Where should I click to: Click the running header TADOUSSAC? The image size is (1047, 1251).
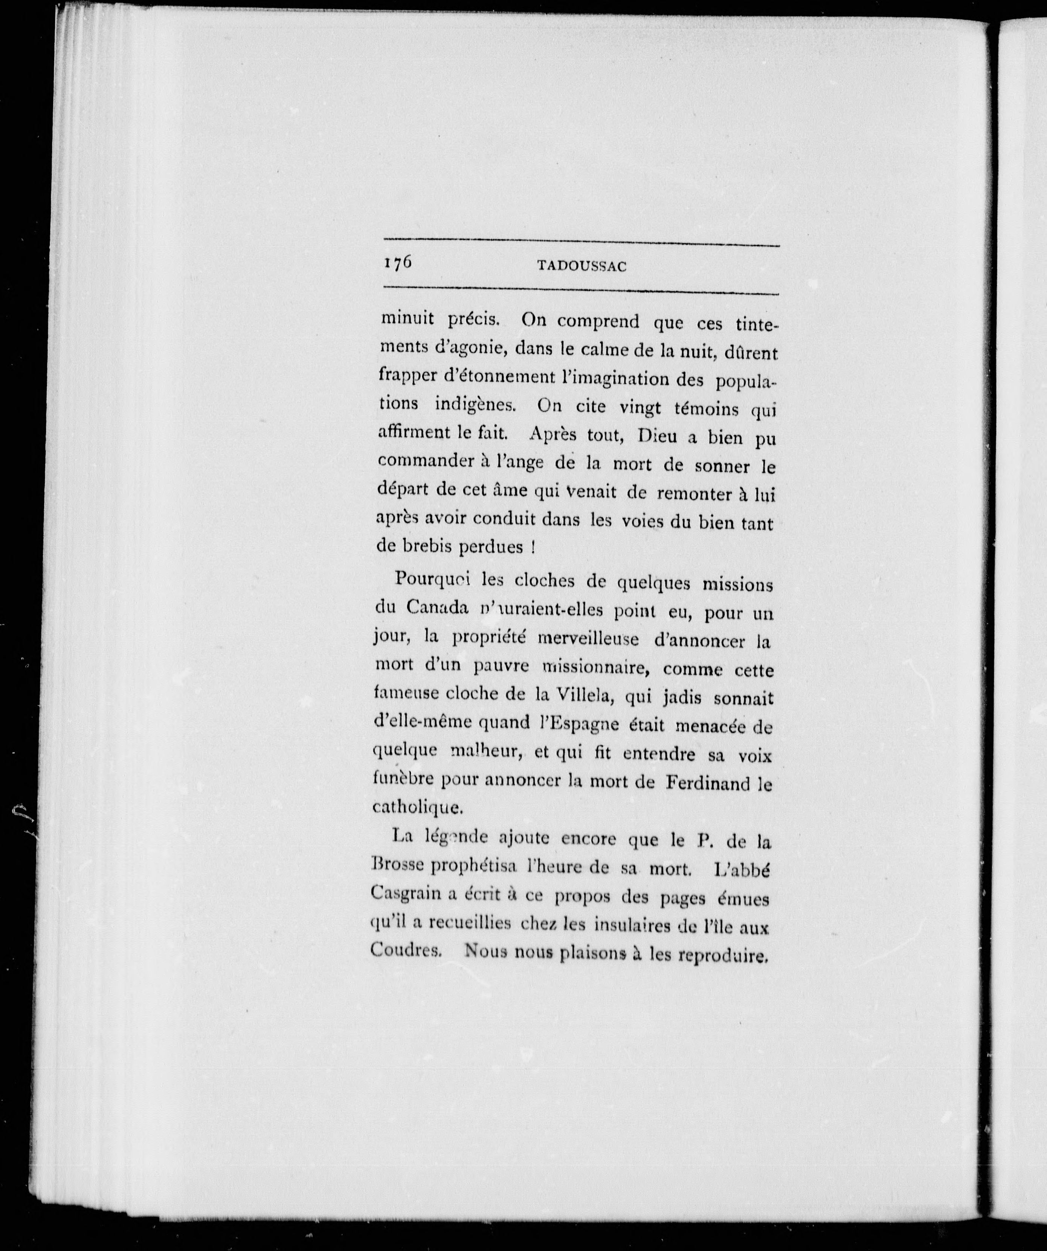[x=582, y=266]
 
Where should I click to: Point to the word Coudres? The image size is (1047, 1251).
[x=405, y=949]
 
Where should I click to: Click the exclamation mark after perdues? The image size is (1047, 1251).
[x=530, y=547]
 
